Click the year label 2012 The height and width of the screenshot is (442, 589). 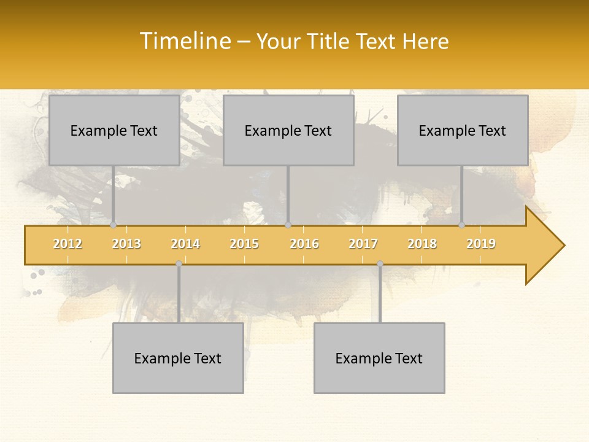67,244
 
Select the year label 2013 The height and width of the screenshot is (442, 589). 126,244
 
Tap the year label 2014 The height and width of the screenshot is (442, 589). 185,244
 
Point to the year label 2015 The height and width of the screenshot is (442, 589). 244,244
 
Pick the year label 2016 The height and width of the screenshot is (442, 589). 304,244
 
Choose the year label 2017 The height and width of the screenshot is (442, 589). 363,244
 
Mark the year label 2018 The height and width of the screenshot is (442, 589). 422,244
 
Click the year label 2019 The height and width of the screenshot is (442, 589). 481,244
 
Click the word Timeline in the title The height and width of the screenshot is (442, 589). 185,41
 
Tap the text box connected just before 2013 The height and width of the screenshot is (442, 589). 114,130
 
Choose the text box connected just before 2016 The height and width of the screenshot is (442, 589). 288,130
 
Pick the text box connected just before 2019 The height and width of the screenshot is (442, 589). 463,130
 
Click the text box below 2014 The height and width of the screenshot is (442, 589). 178,358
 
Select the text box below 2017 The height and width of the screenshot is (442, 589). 379,358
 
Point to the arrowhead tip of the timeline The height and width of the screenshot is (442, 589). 563,246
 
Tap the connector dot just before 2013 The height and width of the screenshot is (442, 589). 113,225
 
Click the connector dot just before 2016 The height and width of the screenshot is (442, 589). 288,225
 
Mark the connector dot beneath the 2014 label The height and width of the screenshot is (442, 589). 179,263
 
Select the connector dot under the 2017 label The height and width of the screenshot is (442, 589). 380,263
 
